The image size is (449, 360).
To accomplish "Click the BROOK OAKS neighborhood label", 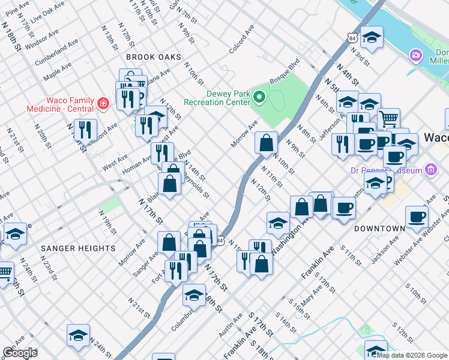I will point(153,57).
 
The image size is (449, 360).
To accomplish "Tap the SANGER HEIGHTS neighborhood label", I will point(78,248).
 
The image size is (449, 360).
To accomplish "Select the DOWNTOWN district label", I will point(379,229).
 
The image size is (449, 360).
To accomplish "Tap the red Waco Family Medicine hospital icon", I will point(103,103).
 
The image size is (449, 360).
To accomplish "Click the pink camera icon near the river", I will point(415,56).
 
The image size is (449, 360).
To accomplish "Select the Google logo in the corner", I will point(20,353).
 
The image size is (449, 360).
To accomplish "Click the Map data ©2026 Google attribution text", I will point(412,355).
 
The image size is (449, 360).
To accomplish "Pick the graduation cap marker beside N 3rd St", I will point(372,37).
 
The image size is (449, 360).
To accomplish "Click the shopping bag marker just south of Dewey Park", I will point(266,143).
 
